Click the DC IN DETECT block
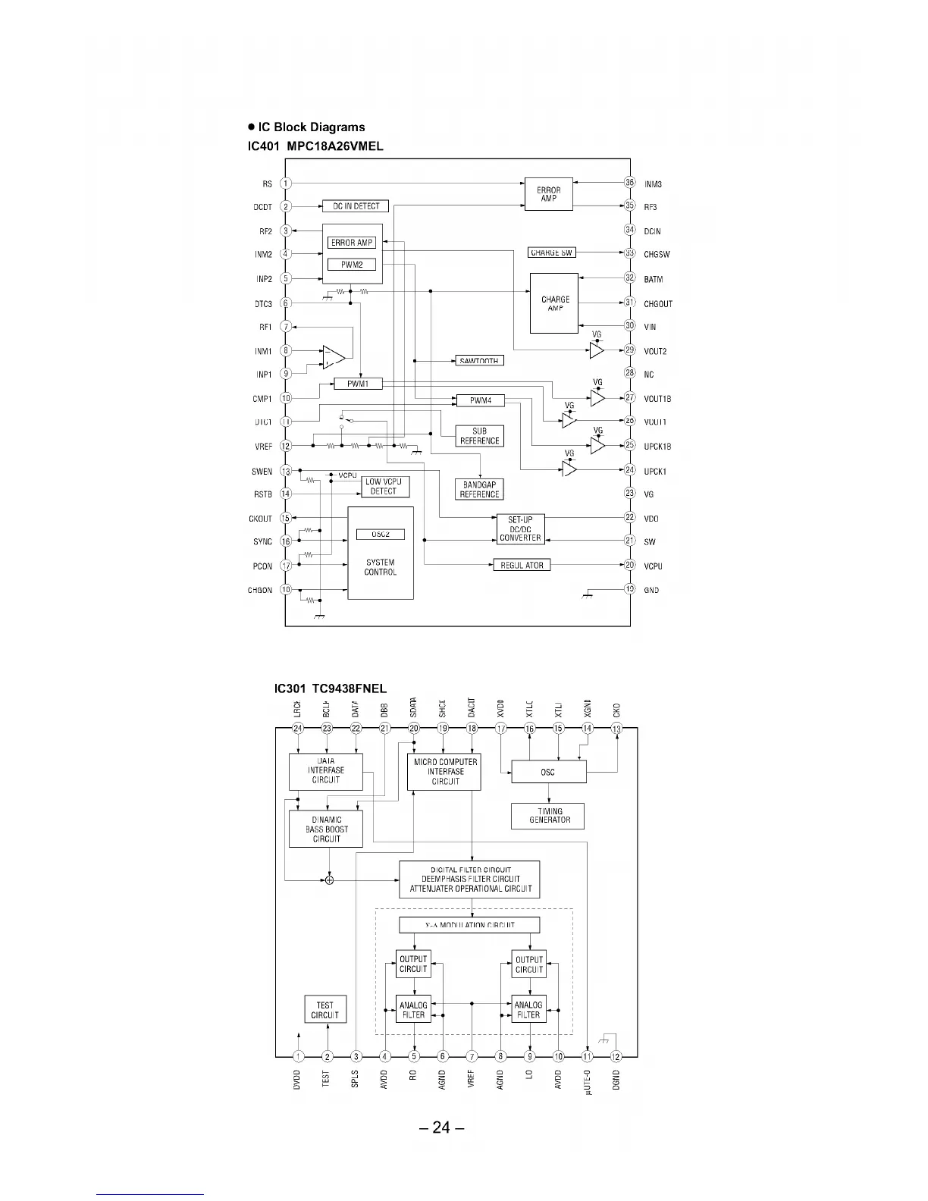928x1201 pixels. tap(356, 206)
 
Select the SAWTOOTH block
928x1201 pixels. tap(478, 361)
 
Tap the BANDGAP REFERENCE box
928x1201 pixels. tap(480, 490)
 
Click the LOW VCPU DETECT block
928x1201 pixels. tap(383, 487)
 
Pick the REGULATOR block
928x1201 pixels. tap(522, 566)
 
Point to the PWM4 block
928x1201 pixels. tap(481, 400)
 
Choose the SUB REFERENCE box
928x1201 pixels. tap(479, 436)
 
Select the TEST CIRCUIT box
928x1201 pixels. tap(325, 1010)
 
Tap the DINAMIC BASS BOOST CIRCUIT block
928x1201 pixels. tap(326, 829)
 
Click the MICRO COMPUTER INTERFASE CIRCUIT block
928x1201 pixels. tap(445, 772)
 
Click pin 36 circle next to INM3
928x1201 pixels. tap(629, 183)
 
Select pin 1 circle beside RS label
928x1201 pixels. tap(286, 183)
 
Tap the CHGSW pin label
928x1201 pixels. tap(657, 255)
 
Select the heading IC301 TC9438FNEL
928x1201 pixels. tap(331, 688)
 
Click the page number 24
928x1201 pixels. tap(441, 1127)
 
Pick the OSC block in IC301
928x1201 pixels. tap(548, 772)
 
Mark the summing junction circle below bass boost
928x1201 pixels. tap(329, 880)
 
